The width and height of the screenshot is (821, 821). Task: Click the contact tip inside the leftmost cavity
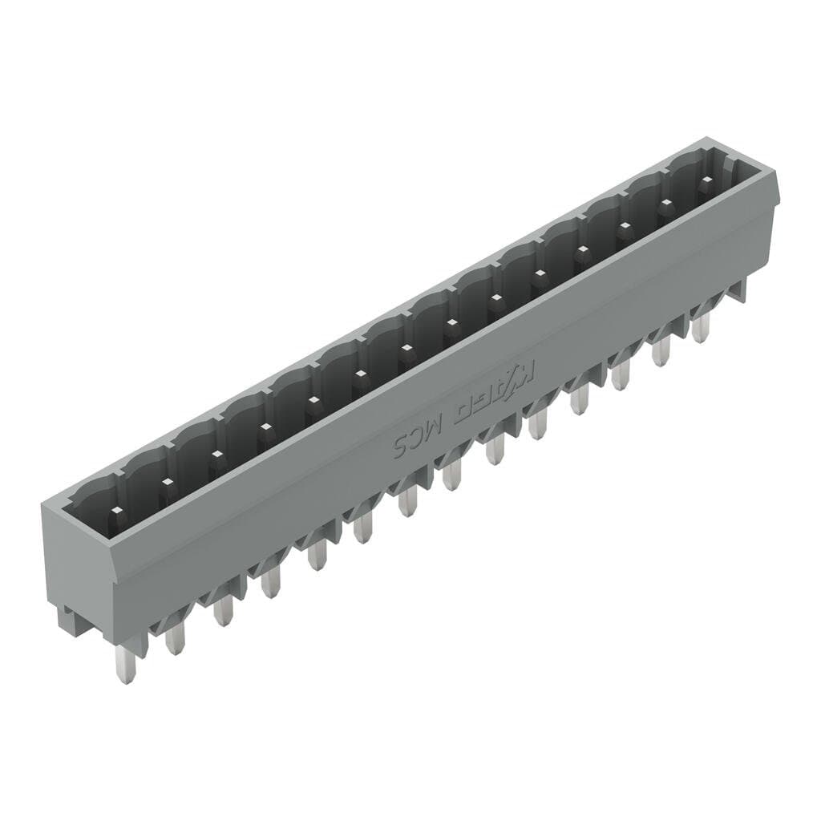pyautogui.click(x=117, y=510)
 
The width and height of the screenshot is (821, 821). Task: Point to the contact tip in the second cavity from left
pyautogui.click(x=167, y=482)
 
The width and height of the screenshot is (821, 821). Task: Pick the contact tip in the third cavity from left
pyautogui.click(x=216, y=455)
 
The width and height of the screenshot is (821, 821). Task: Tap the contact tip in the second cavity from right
pyautogui.click(x=665, y=204)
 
